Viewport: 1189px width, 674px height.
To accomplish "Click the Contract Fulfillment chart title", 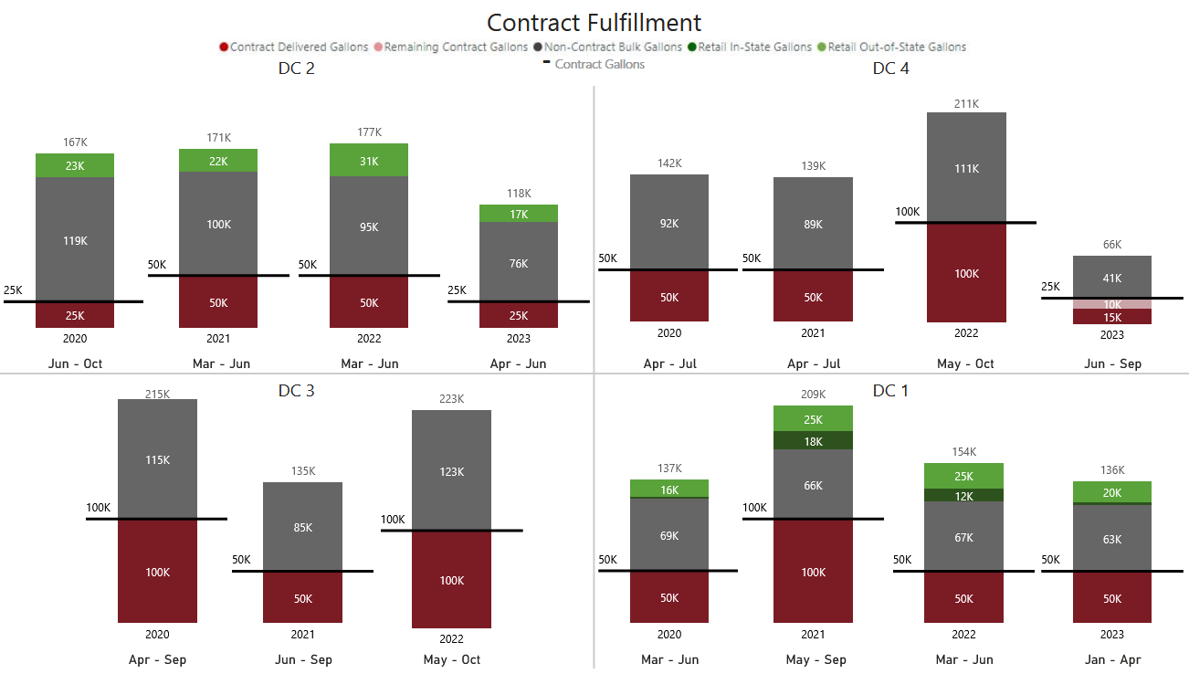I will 594,23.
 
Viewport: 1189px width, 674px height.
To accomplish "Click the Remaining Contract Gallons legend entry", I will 455,47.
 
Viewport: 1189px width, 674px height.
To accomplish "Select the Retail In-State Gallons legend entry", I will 754,47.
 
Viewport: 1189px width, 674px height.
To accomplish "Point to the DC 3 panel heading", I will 297,391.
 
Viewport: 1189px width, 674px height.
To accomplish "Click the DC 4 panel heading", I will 890,68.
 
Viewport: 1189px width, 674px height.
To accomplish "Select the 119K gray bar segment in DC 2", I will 75,239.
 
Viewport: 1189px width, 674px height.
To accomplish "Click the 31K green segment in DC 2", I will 369,161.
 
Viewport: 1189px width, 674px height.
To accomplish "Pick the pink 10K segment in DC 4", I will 1111,304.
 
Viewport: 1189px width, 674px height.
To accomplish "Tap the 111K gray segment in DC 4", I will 966,168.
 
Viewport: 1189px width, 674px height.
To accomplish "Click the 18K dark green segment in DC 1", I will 813,441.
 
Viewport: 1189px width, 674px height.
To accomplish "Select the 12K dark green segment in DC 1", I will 963,496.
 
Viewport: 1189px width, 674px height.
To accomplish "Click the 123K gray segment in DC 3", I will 451,471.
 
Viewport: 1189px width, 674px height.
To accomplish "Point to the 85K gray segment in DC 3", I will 302,527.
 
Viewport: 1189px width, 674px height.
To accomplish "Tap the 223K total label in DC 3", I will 451,399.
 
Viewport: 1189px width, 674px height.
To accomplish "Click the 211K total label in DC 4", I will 966,103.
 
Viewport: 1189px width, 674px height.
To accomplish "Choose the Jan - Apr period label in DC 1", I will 1111,659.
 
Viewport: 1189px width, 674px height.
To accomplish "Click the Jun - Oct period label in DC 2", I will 75,363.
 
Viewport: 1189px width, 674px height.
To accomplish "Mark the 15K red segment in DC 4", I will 1111,317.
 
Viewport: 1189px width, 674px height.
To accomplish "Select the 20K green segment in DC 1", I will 1111,492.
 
